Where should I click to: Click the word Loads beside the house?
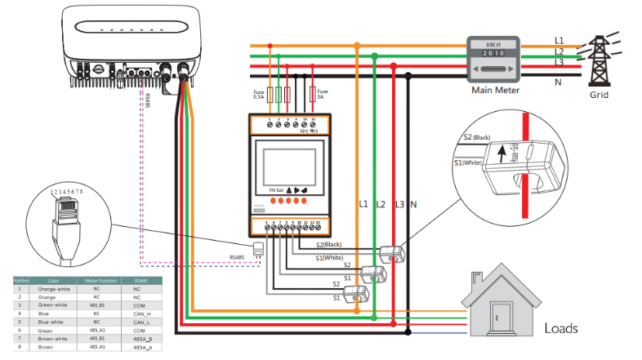tap(562, 328)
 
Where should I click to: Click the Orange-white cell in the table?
tap(53, 289)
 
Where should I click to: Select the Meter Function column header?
tap(97, 281)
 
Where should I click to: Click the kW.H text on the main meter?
tap(493, 43)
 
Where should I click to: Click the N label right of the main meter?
tap(558, 81)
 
